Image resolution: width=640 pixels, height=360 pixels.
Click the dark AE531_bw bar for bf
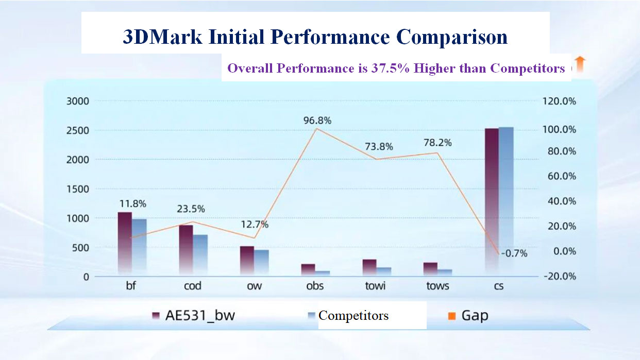(125, 242)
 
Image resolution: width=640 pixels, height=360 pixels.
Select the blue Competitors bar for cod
(200, 254)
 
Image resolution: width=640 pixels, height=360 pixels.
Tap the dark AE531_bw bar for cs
(492, 201)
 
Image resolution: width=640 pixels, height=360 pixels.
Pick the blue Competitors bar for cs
(506, 201)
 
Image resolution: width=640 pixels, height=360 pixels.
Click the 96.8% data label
(317, 121)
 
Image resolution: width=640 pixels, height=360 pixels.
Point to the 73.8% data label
(379, 147)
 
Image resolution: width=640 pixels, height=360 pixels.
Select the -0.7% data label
(513, 253)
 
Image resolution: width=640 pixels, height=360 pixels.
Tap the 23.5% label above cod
(190, 209)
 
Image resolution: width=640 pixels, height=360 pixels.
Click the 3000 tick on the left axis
(78, 101)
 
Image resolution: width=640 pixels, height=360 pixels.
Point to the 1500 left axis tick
(78, 189)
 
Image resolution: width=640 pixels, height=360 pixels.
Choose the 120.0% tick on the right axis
(559, 101)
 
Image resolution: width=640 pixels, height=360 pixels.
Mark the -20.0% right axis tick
(559, 277)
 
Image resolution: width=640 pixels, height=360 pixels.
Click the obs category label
(315, 286)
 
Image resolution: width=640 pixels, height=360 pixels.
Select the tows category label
(437, 286)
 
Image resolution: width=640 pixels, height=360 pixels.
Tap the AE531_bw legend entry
(193, 315)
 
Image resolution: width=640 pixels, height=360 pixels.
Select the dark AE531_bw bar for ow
(247, 260)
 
